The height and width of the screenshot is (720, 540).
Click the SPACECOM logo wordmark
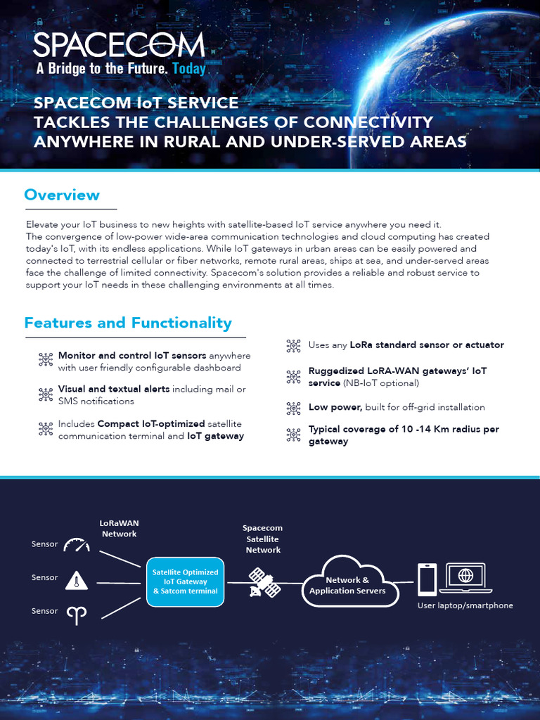pos(119,46)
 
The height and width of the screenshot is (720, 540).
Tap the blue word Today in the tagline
pos(189,69)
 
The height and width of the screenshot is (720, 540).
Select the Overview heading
pos(62,195)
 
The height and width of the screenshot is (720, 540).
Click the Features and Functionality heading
pos(128,323)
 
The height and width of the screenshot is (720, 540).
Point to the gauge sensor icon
pos(77,545)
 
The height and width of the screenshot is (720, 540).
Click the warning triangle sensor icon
pos(77,579)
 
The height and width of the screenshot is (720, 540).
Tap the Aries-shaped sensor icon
pos(77,614)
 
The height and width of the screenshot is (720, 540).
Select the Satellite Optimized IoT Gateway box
pos(186,581)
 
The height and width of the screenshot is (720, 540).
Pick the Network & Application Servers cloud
pos(347,584)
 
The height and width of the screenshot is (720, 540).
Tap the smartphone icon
pos(427,579)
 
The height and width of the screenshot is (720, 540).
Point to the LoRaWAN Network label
pos(118,528)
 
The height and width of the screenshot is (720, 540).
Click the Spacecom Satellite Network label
pos(262,539)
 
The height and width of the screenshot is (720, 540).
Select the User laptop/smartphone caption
pos(465,605)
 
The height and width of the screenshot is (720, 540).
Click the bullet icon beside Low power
pos(293,408)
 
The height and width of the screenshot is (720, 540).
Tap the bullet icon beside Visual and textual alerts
pos(46,394)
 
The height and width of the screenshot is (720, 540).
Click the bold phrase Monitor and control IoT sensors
pos(132,356)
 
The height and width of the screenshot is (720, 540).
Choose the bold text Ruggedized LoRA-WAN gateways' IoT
pos(397,371)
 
